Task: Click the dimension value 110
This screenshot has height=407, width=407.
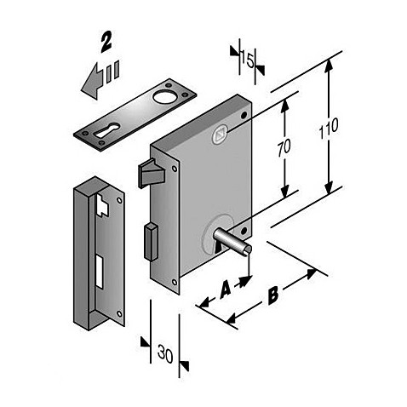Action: coord(329,129)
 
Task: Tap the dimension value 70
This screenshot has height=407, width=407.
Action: coord(284,148)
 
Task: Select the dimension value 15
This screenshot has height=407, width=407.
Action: coord(247,60)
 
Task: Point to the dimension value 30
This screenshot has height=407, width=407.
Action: coord(165,353)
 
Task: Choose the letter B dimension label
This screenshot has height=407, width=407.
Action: coord(273,295)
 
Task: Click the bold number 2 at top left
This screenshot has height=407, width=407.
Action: coord(106,42)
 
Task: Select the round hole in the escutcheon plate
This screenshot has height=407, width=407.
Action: coord(164,96)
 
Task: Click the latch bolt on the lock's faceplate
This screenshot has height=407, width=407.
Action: coord(152,173)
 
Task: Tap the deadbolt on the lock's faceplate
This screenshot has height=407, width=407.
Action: coord(151,242)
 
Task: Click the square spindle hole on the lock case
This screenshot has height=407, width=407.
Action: coord(221,134)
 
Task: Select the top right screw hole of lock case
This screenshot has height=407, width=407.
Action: coord(244,115)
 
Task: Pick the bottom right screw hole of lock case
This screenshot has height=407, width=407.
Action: coord(244,231)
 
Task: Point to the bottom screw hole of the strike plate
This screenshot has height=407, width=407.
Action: coord(119,314)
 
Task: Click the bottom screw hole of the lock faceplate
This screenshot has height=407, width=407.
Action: coord(174,282)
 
